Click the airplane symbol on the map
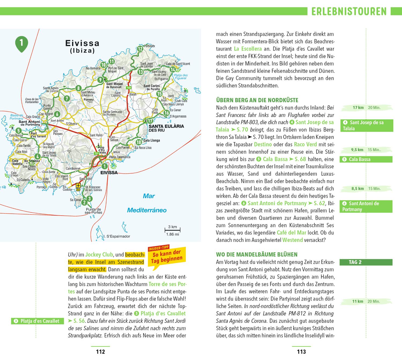click(78, 185)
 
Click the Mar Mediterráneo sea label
click(147, 203)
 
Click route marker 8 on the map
click(78, 88)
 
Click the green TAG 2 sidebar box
click(366, 262)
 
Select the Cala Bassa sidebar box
click(366, 159)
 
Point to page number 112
click(100, 352)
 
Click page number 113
click(301, 352)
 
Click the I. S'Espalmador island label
click(117, 237)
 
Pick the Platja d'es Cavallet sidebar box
click(38, 321)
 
